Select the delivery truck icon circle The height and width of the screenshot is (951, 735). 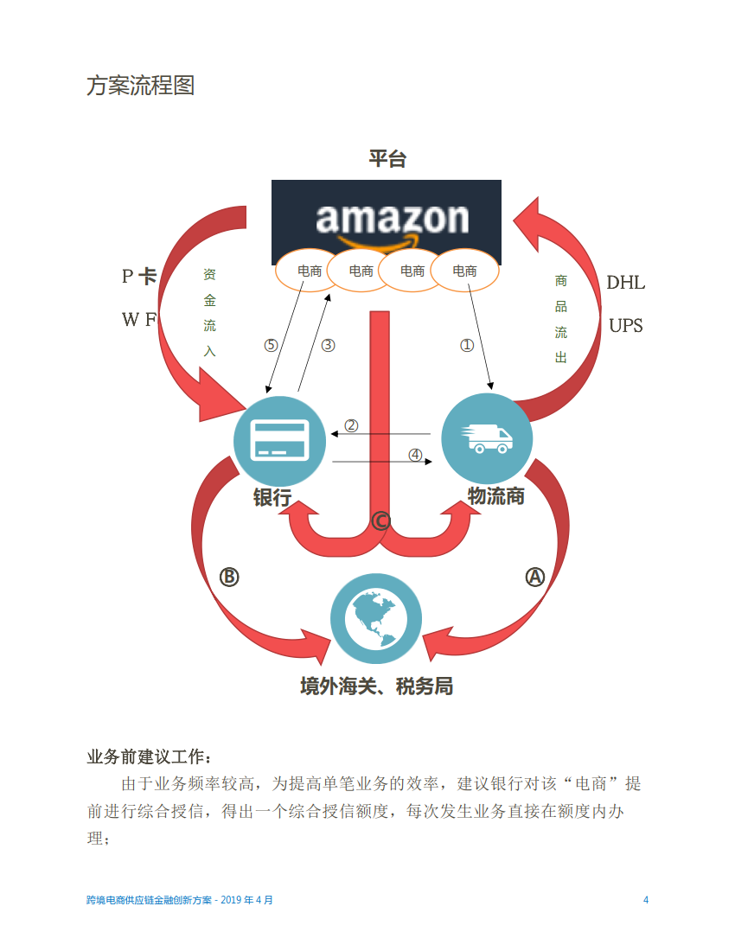coord(488,439)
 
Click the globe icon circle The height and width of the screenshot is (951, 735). coord(377,617)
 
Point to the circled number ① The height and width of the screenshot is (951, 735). coord(467,345)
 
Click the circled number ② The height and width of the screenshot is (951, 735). coord(351,425)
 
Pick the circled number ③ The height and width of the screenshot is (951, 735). coord(328,345)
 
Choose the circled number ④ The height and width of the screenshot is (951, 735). coord(415,455)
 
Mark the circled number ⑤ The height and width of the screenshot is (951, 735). coord(272,345)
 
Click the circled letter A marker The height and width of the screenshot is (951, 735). coord(535,577)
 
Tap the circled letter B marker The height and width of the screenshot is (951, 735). coord(228,577)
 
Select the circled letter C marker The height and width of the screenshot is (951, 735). coord(380,521)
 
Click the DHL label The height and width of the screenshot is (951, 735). coord(625,283)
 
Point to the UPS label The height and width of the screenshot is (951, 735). coord(626,326)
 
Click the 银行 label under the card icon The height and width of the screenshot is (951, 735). coord(272,498)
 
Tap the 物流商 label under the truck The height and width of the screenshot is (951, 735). coord(495,496)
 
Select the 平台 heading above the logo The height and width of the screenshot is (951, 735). coord(387,159)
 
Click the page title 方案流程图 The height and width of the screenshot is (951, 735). coord(140,86)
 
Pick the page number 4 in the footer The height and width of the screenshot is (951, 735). coord(645,899)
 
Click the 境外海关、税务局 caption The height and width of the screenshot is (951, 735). coord(376,686)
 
